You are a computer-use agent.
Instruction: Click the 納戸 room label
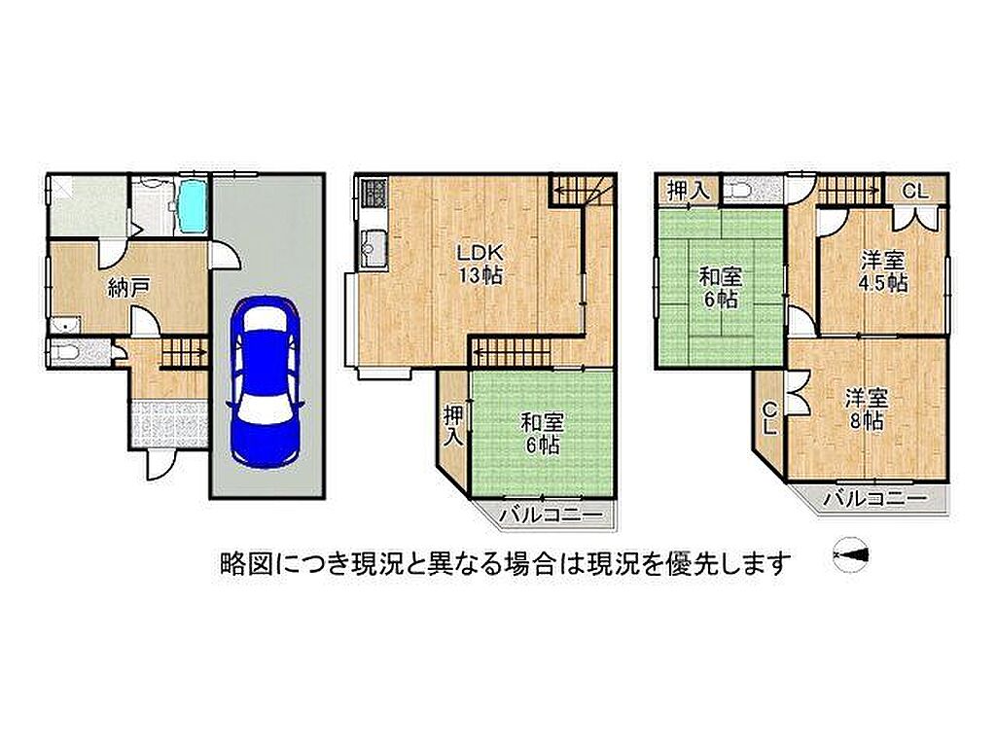(128, 289)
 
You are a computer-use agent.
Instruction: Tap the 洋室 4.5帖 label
(883, 271)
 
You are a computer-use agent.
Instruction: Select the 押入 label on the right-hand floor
(688, 192)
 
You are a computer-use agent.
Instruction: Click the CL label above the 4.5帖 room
(915, 191)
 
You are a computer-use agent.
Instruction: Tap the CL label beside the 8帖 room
(770, 418)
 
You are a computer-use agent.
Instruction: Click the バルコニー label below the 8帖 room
(874, 499)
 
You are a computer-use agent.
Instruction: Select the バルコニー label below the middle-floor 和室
(551, 516)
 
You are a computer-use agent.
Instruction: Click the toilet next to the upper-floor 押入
(740, 191)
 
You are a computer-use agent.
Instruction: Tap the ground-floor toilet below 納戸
(66, 351)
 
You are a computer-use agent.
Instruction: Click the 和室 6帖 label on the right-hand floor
(721, 288)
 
